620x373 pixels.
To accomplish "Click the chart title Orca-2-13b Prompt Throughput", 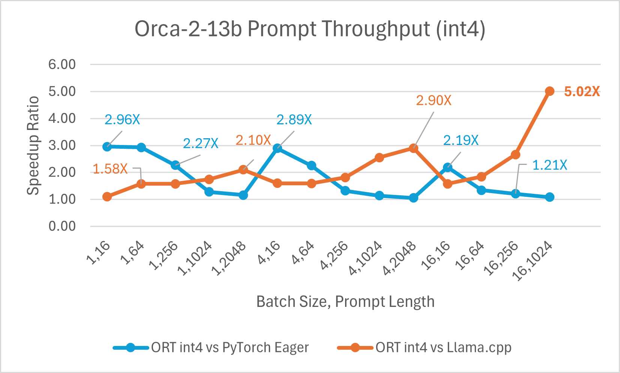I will pyautogui.click(x=310, y=29).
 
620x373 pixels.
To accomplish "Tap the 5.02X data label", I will pyautogui.click(x=582, y=92).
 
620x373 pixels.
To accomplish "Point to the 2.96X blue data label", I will pyautogui.click(x=122, y=120).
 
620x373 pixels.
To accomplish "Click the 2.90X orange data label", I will pyautogui.click(x=434, y=101).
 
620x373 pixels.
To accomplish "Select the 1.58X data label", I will pyautogui.click(x=110, y=169).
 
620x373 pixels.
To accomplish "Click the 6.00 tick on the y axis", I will pyautogui.click(x=62, y=64).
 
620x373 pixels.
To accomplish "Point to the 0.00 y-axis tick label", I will pyautogui.click(x=62, y=226).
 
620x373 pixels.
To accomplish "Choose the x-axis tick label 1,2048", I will pyautogui.click(x=229, y=259).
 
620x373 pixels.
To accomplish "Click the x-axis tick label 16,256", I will pyautogui.click(x=501, y=259).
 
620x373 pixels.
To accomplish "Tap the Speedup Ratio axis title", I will pyautogui.click(x=33, y=145).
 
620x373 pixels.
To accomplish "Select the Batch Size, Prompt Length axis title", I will pyautogui.click(x=345, y=302).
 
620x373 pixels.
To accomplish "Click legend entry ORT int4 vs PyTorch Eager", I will pyautogui.click(x=230, y=347).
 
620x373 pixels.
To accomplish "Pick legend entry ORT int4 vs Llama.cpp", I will pyautogui.click(x=443, y=347).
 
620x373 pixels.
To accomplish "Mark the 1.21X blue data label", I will pyautogui.click(x=549, y=165).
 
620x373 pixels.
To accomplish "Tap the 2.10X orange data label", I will pyautogui.click(x=253, y=140).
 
